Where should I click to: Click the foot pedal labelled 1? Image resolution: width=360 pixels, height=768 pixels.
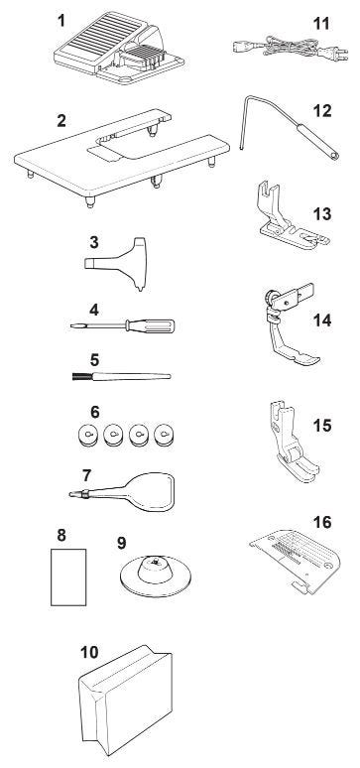(118, 49)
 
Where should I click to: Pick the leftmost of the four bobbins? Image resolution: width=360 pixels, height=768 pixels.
(88, 435)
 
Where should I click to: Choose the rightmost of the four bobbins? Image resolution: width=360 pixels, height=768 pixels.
(164, 435)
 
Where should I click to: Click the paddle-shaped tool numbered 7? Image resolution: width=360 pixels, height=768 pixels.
(122, 493)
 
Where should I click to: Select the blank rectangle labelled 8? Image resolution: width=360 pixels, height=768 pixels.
(68, 576)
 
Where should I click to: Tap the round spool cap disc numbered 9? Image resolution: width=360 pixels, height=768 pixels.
(156, 576)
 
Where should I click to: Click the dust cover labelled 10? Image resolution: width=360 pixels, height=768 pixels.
(126, 700)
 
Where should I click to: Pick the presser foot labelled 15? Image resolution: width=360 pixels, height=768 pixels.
(293, 441)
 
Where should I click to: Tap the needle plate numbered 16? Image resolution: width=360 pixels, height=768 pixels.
(297, 561)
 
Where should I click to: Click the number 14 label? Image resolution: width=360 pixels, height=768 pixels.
(322, 320)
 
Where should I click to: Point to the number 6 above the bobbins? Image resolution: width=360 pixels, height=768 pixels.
(94, 412)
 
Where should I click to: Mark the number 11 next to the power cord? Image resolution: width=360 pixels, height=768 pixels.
(321, 23)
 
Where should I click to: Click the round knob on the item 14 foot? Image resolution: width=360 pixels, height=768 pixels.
(270, 298)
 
